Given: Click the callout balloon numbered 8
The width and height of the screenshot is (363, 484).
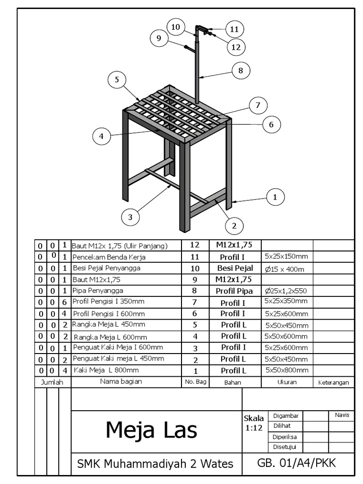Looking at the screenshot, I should tap(241, 71).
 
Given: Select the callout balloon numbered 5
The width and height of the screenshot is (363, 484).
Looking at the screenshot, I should tap(117, 80).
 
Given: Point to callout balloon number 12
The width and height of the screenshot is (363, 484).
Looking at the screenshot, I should tap(236, 46).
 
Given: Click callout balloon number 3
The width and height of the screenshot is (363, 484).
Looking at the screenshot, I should tap(130, 217).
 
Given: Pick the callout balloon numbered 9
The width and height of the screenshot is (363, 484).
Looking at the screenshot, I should tap(159, 39).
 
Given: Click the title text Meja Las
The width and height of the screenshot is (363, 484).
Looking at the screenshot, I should tap(151, 430).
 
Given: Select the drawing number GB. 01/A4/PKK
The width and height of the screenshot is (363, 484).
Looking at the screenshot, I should tap(296, 463).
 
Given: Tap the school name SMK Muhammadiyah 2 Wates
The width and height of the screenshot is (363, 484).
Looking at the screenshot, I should tap(155, 464).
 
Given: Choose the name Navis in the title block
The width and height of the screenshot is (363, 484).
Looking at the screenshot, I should tap(342, 415).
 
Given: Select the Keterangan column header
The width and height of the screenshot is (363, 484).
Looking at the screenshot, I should tap(333, 382).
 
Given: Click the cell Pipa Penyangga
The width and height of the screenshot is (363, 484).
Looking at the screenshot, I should tap(94, 291).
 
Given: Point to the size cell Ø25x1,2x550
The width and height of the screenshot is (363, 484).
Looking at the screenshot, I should tap(286, 291).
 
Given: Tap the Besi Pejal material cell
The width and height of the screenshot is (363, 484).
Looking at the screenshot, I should tap(235, 268).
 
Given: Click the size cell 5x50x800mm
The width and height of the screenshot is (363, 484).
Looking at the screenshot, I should tap(286, 370).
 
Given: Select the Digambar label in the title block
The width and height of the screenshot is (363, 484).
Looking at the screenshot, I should tap(286, 415).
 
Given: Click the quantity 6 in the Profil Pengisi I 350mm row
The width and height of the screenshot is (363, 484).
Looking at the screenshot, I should tap(65, 302).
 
